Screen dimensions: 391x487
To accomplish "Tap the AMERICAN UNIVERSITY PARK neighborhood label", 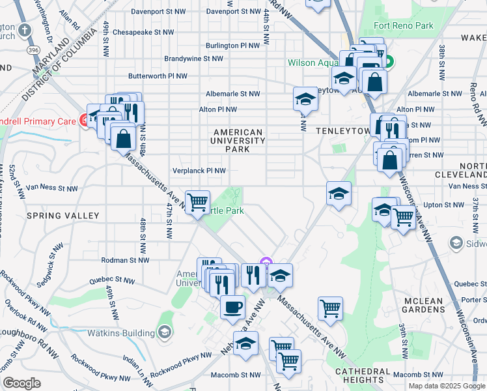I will [x=238, y=141].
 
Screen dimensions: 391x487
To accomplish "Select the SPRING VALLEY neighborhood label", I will [x=63, y=216].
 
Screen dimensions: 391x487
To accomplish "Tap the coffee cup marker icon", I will [x=232, y=306].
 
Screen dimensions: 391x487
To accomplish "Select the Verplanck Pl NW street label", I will [x=199, y=171].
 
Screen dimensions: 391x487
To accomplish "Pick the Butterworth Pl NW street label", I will [x=158, y=76].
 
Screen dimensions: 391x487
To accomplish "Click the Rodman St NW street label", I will [x=126, y=260].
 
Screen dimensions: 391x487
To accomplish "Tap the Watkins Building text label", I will [x=120, y=333].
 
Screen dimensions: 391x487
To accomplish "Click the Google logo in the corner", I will [x=21, y=383].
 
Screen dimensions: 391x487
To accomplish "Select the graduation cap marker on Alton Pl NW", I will [x=304, y=99].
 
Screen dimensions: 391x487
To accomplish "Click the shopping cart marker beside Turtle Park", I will [x=197, y=201].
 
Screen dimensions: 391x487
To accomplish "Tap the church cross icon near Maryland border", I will [x=25, y=30].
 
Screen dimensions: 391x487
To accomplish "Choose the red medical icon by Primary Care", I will [x=84, y=120].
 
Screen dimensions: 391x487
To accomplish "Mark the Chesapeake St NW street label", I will [x=143, y=32].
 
